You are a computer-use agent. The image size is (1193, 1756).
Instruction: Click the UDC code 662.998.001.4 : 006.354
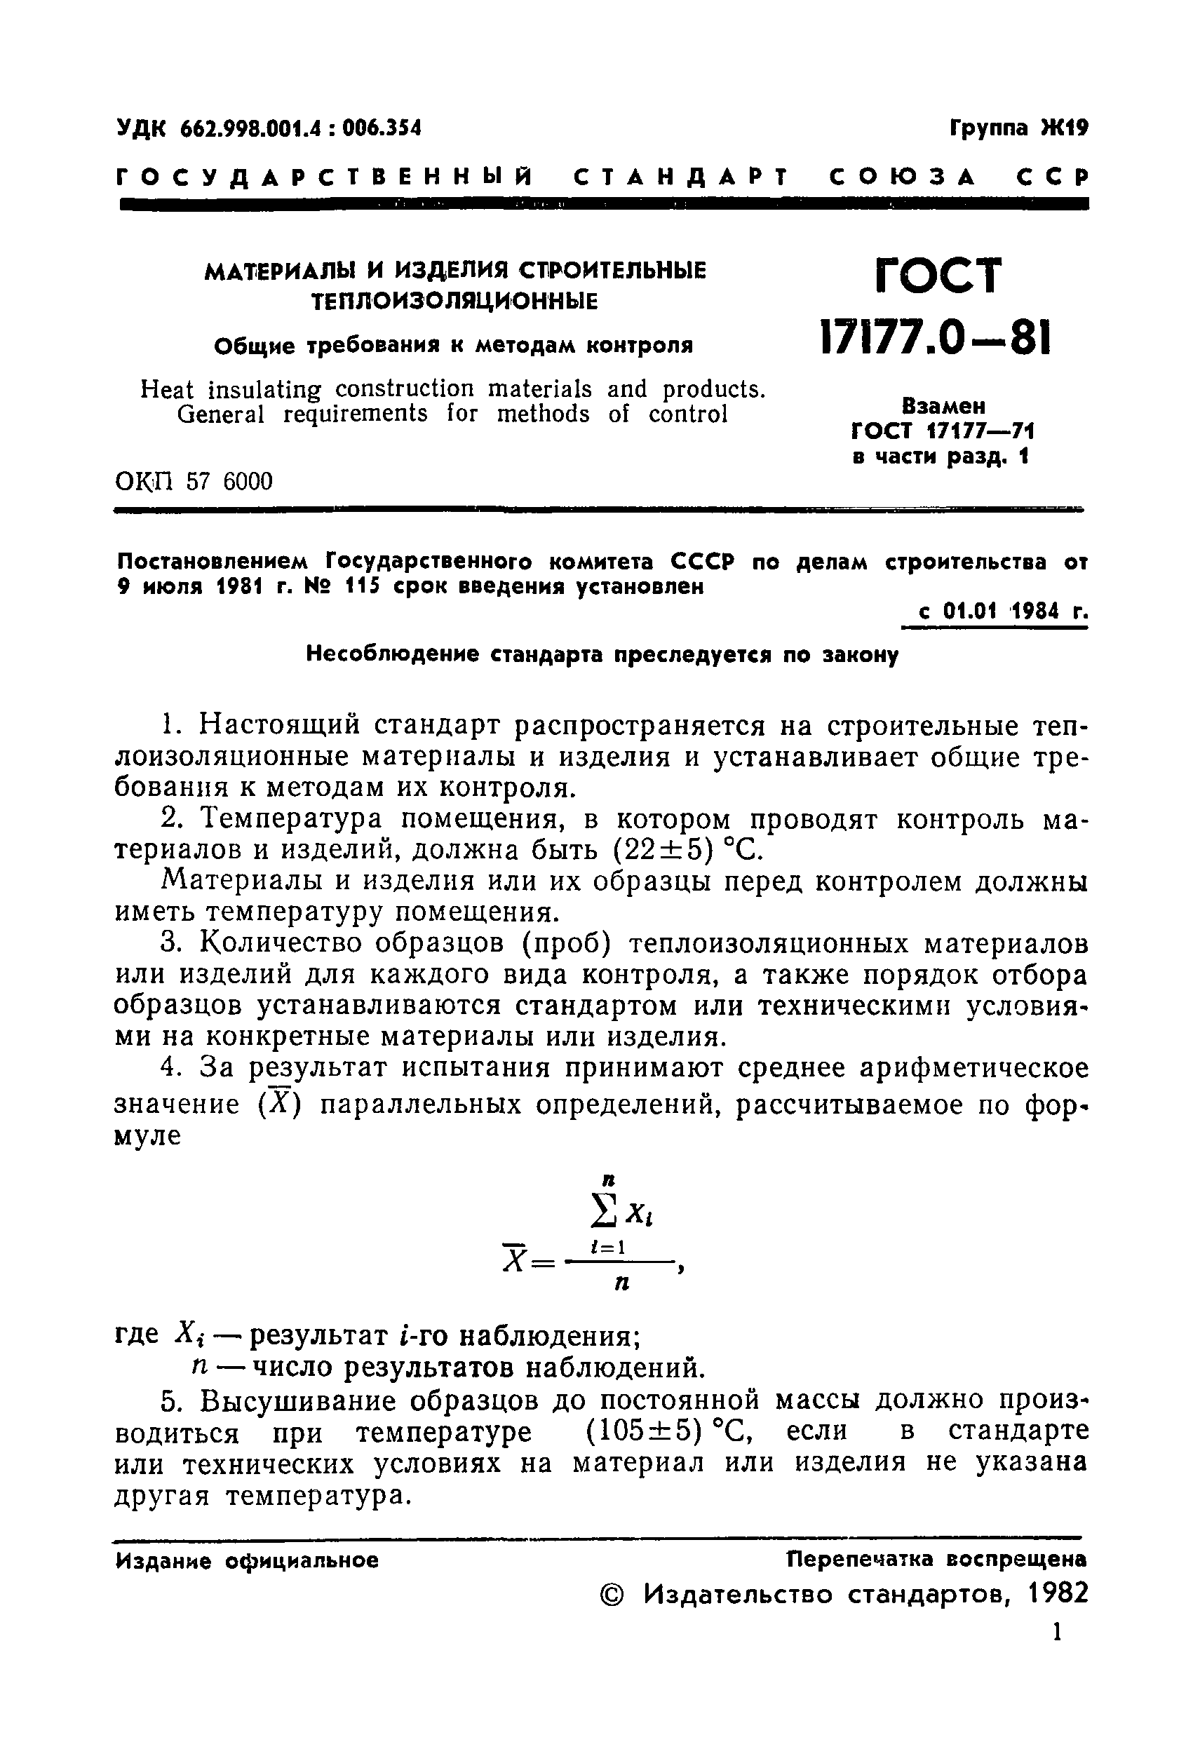point(300,128)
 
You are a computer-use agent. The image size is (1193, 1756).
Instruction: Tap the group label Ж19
point(1064,128)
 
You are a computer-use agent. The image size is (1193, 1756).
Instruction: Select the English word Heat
point(167,390)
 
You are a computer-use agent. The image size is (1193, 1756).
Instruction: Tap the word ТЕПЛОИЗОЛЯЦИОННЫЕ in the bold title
point(455,302)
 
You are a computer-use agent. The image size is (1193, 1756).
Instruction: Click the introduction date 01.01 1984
point(999,612)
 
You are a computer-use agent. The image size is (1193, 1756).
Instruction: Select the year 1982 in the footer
point(1058,1593)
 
